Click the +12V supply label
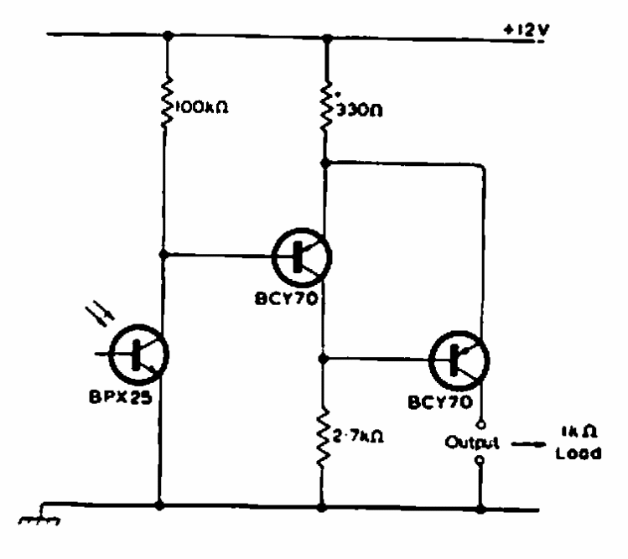point(527,30)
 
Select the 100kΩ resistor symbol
point(167,103)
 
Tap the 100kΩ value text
point(202,107)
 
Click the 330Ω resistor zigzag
point(326,107)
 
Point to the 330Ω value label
point(359,110)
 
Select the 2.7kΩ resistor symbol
point(324,438)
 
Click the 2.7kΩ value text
point(358,436)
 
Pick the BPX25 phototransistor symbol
point(138,355)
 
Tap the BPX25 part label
point(120,396)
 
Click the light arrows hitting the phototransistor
point(100,314)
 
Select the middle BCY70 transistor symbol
point(302,257)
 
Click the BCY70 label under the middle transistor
point(287,298)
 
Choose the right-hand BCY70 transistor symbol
point(459,360)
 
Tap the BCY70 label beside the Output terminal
point(440,401)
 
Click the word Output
point(472,443)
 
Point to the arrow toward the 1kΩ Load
point(528,444)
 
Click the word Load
point(579,453)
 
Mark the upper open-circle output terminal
point(482,424)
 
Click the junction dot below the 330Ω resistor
point(324,163)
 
